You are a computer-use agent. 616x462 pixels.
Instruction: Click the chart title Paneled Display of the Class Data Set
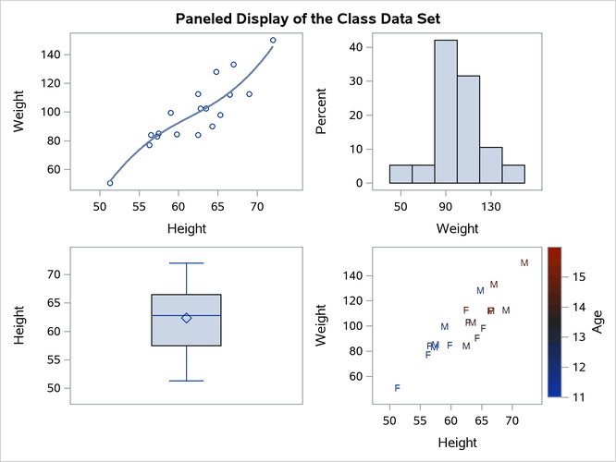point(308,18)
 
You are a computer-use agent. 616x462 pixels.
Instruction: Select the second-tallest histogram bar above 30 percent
point(468,129)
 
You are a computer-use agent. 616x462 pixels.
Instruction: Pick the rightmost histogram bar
point(513,174)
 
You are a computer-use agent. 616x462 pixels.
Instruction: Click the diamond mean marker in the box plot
point(186,318)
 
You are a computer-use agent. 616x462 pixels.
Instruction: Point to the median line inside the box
point(186,315)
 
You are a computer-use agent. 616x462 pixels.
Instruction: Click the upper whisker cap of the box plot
point(186,263)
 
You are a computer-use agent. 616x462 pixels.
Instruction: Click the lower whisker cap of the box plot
point(186,381)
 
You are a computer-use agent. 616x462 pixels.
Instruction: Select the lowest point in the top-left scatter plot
point(110,183)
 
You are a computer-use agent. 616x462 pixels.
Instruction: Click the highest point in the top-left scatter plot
point(273,40)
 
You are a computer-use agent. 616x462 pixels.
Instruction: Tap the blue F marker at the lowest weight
point(398,388)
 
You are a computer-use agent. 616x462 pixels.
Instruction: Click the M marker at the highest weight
point(524,263)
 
